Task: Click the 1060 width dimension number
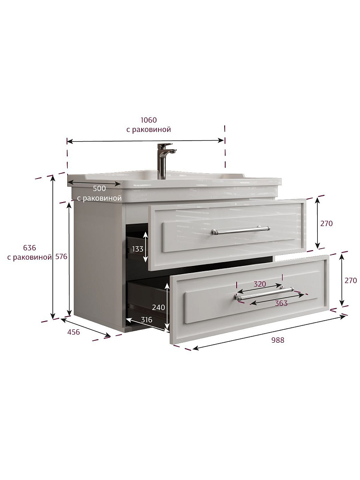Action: click(x=148, y=120)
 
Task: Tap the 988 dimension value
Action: click(x=277, y=340)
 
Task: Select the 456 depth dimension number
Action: click(x=73, y=332)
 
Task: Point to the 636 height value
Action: click(x=29, y=248)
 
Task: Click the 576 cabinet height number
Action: click(x=61, y=256)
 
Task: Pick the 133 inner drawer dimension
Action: click(x=137, y=249)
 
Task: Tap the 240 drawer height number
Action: click(x=158, y=307)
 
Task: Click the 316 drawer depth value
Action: click(x=146, y=320)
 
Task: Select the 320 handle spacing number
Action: click(x=260, y=284)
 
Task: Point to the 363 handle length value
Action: click(x=281, y=303)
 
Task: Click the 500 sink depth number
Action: click(x=99, y=189)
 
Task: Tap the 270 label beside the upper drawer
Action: click(x=326, y=224)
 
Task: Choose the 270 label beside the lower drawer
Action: click(x=350, y=280)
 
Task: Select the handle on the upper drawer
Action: click(x=240, y=230)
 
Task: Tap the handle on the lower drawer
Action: click(x=264, y=293)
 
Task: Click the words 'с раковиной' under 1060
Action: click(x=148, y=130)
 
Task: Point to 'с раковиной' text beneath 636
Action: click(x=29, y=257)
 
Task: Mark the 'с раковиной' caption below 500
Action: click(x=99, y=198)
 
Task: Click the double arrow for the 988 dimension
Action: click(x=269, y=333)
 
